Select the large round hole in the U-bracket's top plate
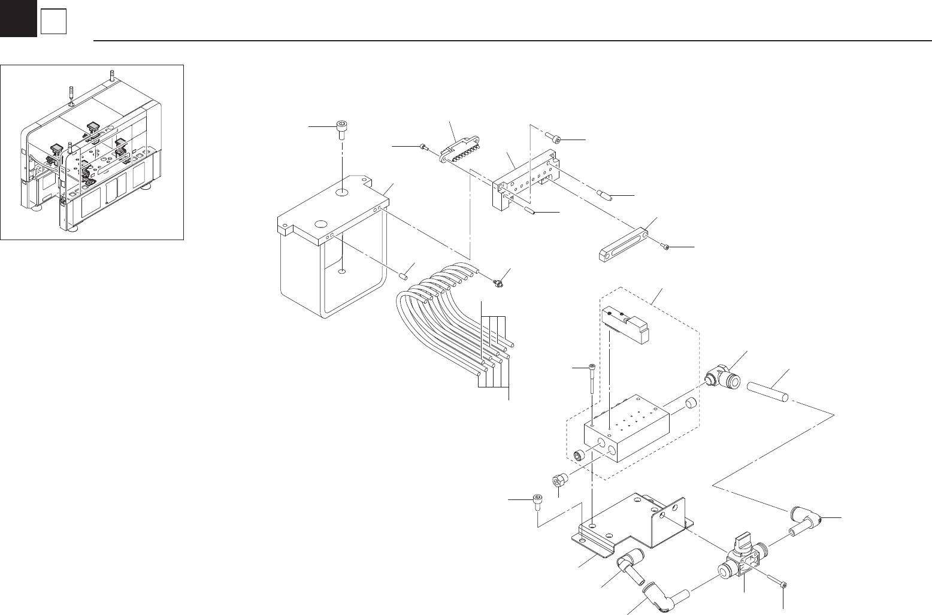tap(342, 193)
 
